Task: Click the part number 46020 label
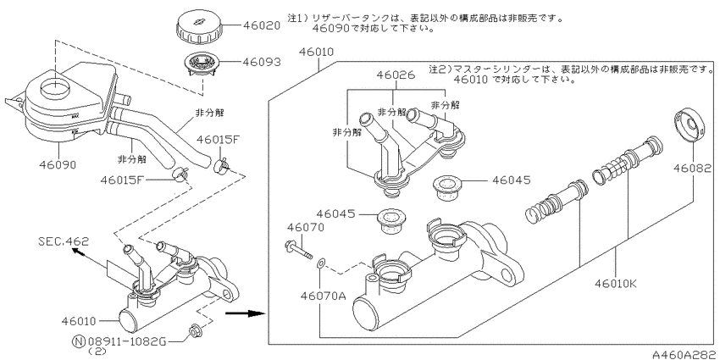coord(261,25)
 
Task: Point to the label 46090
coord(57,164)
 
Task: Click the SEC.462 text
coord(64,241)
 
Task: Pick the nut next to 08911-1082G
coord(193,330)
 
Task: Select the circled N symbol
coord(79,341)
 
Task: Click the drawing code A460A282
coord(686,354)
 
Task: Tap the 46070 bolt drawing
coord(298,249)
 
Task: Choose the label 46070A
coord(323,296)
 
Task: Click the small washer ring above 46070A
coord(321,263)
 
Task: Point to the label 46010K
coord(616,284)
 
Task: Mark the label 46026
coord(396,75)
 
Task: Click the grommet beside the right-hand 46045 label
coord(445,187)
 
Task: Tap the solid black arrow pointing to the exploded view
coord(246,313)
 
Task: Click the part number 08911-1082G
coord(126,341)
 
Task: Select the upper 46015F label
coord(218,140)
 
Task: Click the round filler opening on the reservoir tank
coord(55,87)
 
